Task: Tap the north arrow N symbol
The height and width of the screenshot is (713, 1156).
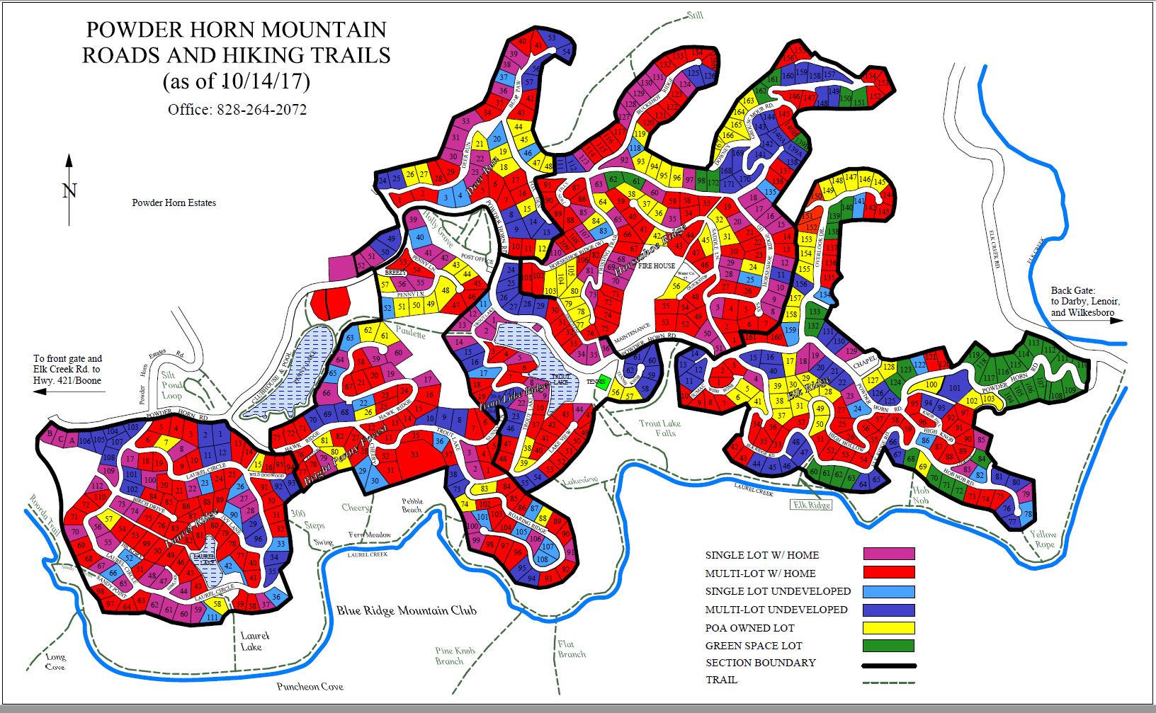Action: coord(69,190)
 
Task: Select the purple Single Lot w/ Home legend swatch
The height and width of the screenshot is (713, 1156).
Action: coord(889,554)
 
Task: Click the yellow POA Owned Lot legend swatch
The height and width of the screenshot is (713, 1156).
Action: coord(889,627)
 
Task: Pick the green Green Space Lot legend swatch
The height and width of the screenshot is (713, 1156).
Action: coord(889,645)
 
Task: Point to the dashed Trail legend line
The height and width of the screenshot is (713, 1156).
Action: coord(889,682)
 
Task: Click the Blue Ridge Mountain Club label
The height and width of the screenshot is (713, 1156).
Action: coord(406,610)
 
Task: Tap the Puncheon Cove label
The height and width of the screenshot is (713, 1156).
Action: coord(310,686)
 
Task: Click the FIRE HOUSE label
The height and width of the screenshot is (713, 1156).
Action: coord(656,266)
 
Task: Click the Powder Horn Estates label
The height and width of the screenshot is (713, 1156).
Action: coord(174,203)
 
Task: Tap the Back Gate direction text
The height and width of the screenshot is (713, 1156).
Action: coord(1084,301)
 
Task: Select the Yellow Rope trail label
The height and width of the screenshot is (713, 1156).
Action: coord(1043,539)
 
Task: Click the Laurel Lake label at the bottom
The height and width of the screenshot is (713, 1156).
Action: coord(251,641)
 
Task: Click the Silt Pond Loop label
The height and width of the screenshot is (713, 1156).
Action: coord(171,385)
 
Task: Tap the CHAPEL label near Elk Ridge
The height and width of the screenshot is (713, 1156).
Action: coord(864,362)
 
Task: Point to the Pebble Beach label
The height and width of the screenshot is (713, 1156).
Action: coord(412,505)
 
